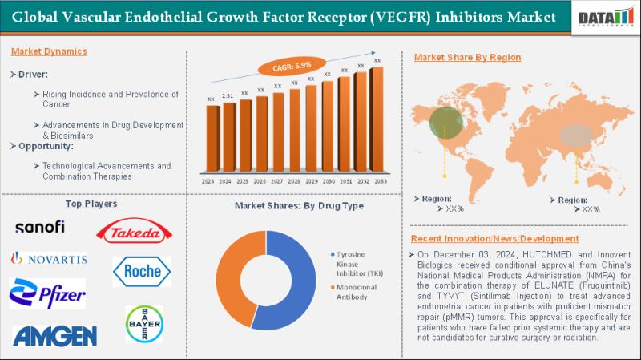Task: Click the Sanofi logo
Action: pyautogui.click(x=40, y=227)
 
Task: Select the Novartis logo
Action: pyautogui.click(x=48, y=258)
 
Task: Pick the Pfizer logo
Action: pyautogui.click(x=47, y=293)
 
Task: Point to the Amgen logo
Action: pyautogui.click(x=54, y=335)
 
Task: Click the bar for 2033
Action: pyautogui.click(x=377, y=120)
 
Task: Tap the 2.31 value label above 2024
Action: pyautogui.click(x=228, y=96)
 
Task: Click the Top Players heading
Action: pyautogui.click(x=91, y=204)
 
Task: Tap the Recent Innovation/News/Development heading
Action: pyautogui.click(x=494, y=239)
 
